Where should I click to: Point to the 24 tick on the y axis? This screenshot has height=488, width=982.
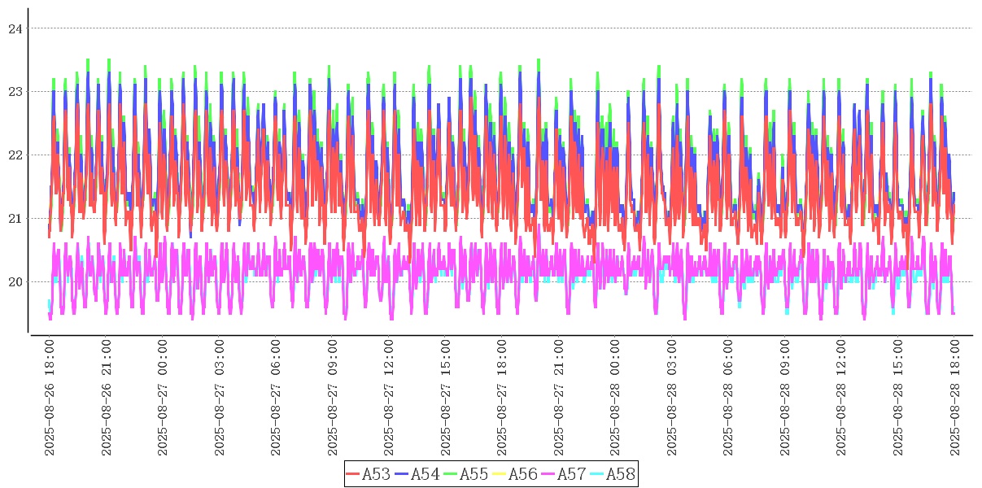pos(15,28)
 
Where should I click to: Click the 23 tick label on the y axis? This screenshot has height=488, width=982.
pos(15,92)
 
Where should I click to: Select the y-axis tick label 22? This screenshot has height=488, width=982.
pos(15,155)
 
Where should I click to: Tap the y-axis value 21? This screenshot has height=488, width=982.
pos(15,219)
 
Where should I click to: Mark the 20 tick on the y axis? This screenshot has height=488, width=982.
pos(15,282)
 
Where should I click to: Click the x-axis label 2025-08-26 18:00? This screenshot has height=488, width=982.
pos(50,398)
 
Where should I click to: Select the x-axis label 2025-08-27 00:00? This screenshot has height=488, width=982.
pos(163,398)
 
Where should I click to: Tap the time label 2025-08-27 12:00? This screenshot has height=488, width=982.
pos(389,398)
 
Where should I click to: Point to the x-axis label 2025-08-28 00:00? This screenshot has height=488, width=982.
pos(615,398)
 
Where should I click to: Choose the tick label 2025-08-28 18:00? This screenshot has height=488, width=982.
pos(954,398)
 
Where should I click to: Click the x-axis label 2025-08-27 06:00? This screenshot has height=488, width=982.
pos(276,398)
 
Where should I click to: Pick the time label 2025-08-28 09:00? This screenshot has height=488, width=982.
pos(785,398)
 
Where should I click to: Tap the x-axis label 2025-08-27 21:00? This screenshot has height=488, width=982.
pos(559,398)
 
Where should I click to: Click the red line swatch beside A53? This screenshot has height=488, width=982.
pos(352,474)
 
